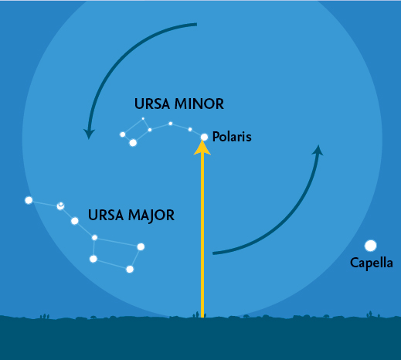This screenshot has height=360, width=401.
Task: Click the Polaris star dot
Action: [x=204, y=137]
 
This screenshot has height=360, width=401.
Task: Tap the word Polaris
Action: [x=232, y=137]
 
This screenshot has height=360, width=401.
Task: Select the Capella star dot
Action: [x=371, y=246]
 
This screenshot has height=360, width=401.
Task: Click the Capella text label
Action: [x=372, y=263]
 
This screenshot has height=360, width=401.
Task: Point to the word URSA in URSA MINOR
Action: [x=152, y=104]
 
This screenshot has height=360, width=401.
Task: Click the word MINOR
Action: [x=199, y=104]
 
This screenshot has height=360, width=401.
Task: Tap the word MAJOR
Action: [x=151, y=216]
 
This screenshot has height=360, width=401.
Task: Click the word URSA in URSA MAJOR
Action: [x=106, y=215]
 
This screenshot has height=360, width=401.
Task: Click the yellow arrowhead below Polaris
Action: [x=202, y=148]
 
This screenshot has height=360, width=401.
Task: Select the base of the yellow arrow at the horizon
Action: [x=202, y=318]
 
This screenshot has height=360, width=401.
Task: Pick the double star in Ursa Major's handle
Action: [x=60, y=205]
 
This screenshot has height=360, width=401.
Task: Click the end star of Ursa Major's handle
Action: [x=29, y=200]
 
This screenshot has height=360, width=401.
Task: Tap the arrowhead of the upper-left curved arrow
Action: [x=89, y=134]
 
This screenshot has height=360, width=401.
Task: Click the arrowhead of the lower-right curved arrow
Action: [x=318, y=150]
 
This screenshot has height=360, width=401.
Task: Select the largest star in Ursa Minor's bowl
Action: [x=133, y=142]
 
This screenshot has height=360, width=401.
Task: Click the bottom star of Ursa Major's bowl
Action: [x=130, y=269]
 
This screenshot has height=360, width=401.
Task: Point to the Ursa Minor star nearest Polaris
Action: [x=190, y=129]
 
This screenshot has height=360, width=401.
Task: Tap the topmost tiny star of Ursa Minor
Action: [x=143, y=119]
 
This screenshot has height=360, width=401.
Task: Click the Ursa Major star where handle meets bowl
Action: [x=94, y=237]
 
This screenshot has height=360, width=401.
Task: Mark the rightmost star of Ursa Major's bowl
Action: [x=141, y=246]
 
